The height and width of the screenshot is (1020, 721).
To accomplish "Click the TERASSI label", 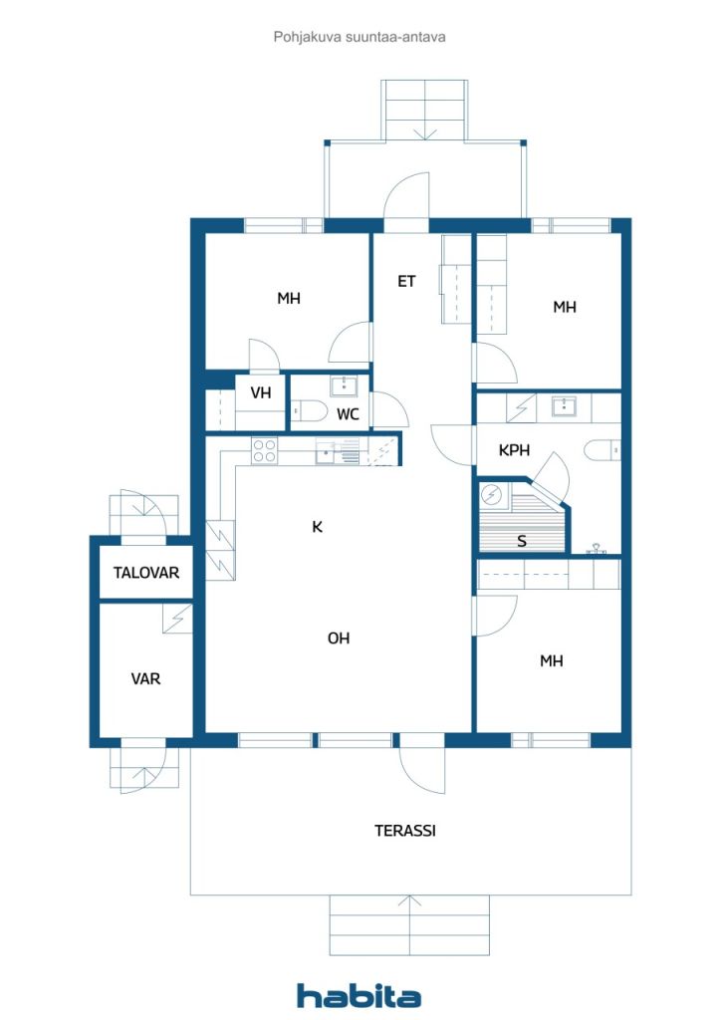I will tap(405, 830).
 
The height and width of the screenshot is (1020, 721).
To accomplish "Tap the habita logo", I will tap(359, 995).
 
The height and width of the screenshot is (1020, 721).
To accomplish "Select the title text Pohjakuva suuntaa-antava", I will tap(360, 36).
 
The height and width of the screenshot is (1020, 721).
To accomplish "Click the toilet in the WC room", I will tap(309, 412).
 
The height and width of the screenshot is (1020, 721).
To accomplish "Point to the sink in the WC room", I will tap(346, 384).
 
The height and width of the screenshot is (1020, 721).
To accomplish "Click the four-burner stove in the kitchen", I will tap(264, 450).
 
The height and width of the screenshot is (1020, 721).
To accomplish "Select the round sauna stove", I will tap(491, 494).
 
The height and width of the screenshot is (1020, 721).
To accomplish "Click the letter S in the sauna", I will tap(521, 542).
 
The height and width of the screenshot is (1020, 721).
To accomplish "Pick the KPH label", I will tap(514, 450).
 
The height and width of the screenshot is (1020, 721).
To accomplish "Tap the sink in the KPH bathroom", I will tap(565, 405).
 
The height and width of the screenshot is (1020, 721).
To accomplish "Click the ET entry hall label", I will tap(406, 282).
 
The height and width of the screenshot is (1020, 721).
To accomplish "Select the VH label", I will tap(261, 393).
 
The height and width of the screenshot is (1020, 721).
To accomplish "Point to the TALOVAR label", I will tap(145, 573).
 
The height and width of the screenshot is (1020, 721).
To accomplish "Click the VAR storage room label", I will tap(145, 678).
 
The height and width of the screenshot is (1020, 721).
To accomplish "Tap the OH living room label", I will tap(339, 638).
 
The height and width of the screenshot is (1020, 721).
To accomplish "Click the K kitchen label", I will tap(317, 527).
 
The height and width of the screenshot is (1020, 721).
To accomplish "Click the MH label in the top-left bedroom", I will tap(289, 298).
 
